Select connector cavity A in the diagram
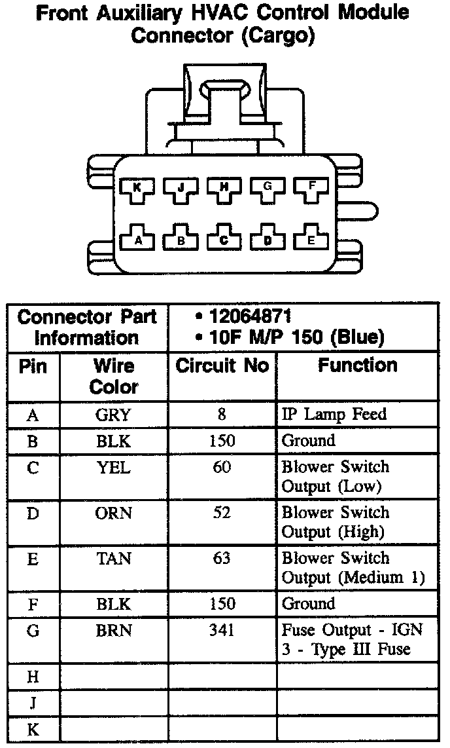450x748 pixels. click(137, 240)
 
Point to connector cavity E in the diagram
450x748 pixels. click(311, 240)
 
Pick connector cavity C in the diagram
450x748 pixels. click(224, 240)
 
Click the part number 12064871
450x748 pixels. click(250, 316)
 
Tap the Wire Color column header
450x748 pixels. click(114, 376)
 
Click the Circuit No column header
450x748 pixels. click(222, 365)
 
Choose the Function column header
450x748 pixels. click(357, 365)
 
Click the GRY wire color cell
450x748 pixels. click(113, 415)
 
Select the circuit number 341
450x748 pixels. click(222, 630)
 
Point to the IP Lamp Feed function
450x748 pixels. click(334, 414)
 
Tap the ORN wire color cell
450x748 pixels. click(113, 513)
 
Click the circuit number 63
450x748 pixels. click(222, 559)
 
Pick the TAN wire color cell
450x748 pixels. click(113, 559)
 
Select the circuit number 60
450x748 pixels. click(222, 467)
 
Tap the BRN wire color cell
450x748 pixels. click(113, 630)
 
